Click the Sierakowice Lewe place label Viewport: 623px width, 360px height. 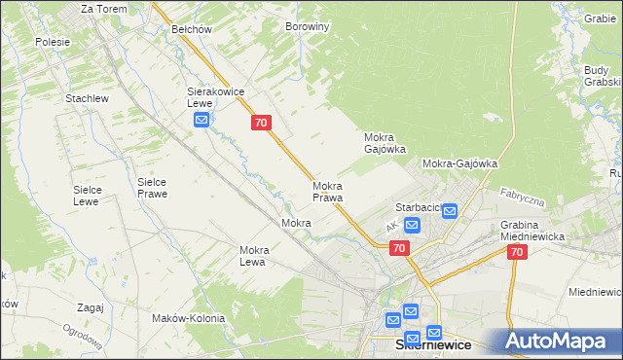(214, 97)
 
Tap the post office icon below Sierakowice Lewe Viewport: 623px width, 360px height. (202, 121)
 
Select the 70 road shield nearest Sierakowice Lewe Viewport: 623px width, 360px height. (260, 123)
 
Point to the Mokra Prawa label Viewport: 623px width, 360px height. (327, 192)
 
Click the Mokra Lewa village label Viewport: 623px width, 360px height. (253, 256)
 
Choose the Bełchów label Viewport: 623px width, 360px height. (192, 29)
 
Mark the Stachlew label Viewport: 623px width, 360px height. (86, 99)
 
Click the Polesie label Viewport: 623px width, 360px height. (53, 42)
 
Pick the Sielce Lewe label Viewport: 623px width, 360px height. (89, 196)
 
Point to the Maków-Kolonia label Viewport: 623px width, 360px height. (189, 318)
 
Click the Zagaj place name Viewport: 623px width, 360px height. (89, 307)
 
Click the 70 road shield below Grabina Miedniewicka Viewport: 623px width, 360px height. (516, 252)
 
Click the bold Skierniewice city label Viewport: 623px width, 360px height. (433, 345)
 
